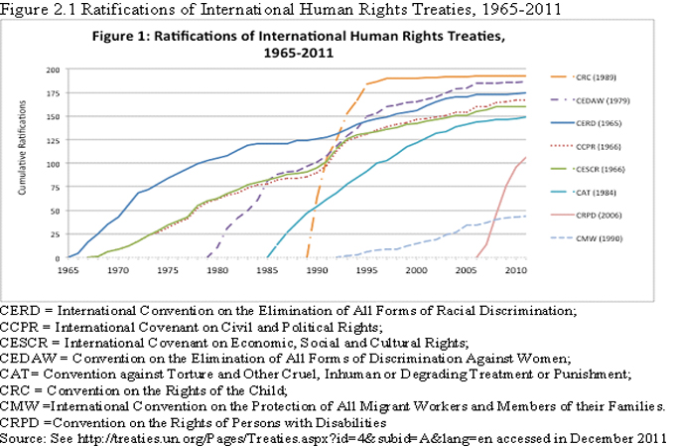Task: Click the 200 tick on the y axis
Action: [x=52, y=72]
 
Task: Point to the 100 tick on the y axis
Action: [x=52, y=164]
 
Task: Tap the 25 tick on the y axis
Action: [x=54, y=234]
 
